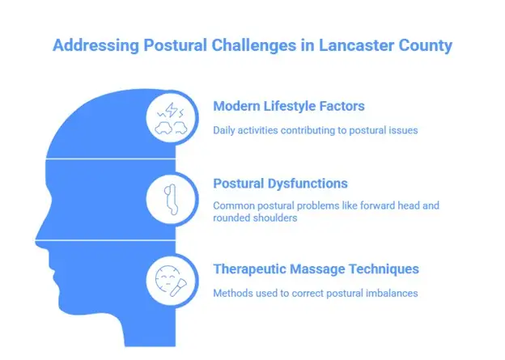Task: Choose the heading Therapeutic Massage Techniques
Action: click(x=316, y=269)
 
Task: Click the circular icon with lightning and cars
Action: click(x=171, y=119)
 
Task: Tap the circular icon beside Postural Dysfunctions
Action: click(x=171, y=198)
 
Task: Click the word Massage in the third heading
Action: click(x=320, y=269)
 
